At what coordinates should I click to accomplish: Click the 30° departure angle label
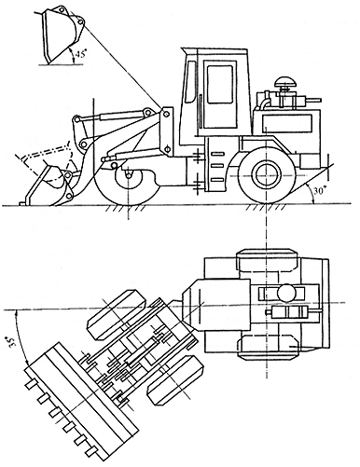pyautogui.click(x=319, y=191)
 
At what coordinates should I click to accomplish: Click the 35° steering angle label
pyautogui.click(x=12, y=342)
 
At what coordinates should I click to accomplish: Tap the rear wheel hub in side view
pyautogui.click(x=266, y=174)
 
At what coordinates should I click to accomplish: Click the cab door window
pyautogui.click(x=220, y=84)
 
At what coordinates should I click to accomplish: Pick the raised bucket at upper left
pyautogui.click(x=62, y=36)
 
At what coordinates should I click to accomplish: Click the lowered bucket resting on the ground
pyautogui.click(x=48, y=186)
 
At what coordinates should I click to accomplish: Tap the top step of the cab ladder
pyautogui.click(x=217, y=154)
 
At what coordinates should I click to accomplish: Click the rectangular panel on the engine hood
pyautogui.click(x=286, y=122)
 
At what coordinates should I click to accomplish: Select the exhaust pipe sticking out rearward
pyautogui.click(x=314, y=100)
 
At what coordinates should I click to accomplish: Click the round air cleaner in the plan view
pyautogui.click(x=287, y=293)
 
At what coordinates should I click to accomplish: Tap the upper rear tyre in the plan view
pyautogui.click(x=268, y=259)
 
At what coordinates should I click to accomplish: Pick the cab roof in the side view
pyautogui.click(x=215, y=50)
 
